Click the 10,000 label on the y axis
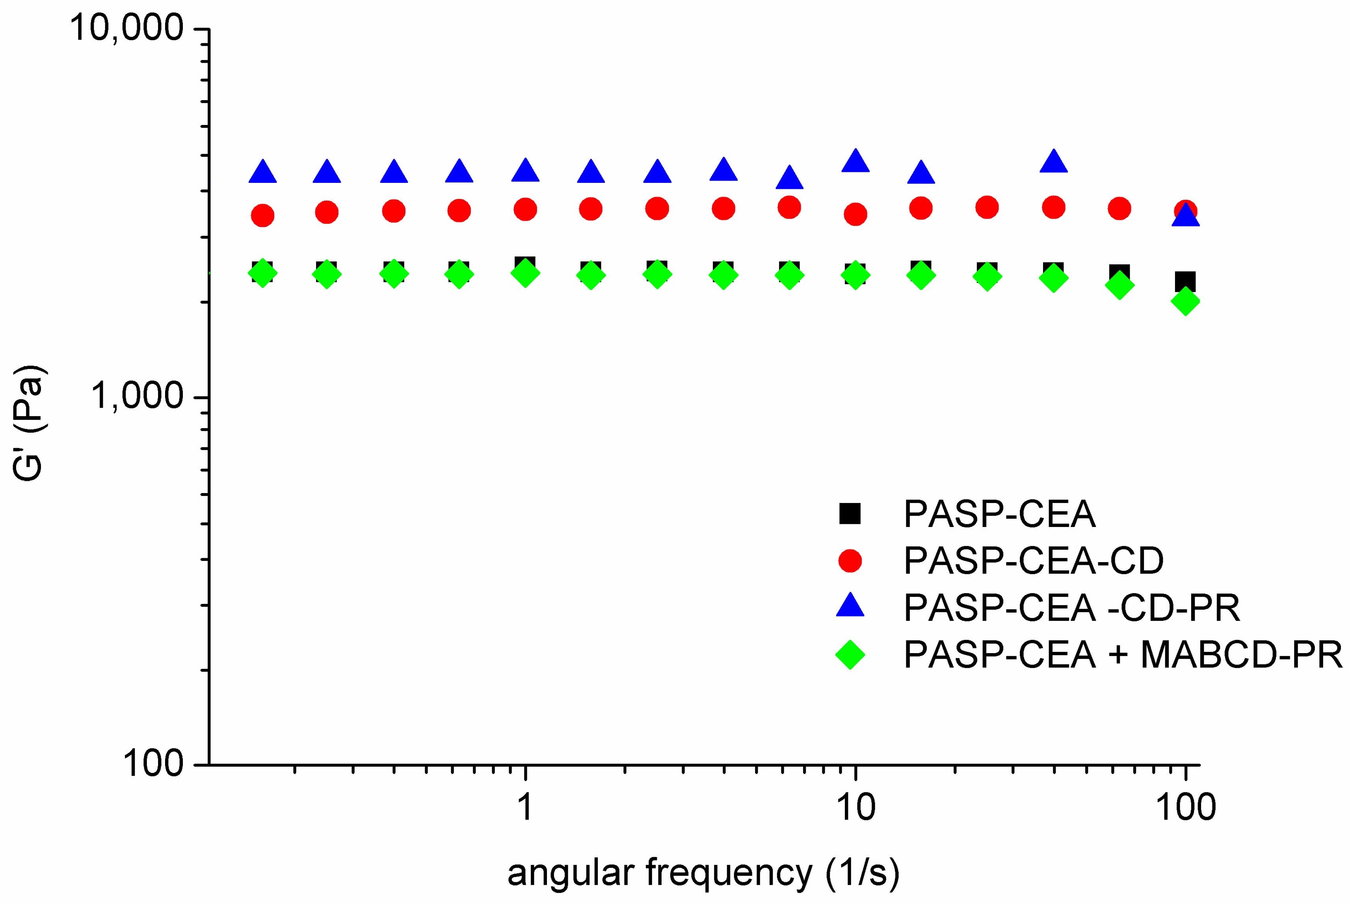coord(126,27)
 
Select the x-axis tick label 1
coord(525,807)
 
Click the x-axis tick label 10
coord(855,807)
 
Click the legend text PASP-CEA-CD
coord(1033,561)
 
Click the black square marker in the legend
coord(850,513)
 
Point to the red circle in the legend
coord(850,561)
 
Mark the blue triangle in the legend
coord(850,606)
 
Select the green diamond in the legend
coord(850,654)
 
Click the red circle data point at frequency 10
coord(855,214)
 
